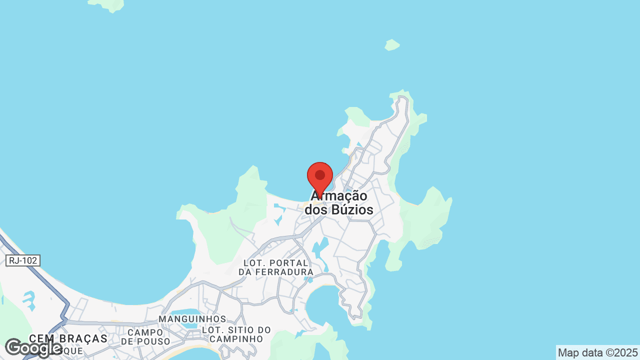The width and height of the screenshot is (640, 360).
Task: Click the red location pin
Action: [x=320, y=176]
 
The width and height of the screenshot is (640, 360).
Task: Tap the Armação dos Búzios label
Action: [x=339, y=203]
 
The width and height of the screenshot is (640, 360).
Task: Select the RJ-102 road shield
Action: [x=23, y=260]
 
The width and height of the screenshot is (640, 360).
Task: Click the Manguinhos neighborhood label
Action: [x=192, y=319]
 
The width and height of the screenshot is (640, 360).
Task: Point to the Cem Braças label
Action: [x=68, y=338]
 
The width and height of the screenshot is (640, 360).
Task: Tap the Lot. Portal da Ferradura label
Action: [x=275, y=267]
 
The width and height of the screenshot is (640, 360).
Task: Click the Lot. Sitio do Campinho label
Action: [x=236, y=334]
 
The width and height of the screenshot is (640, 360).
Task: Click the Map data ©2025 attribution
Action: [x=597, y=352]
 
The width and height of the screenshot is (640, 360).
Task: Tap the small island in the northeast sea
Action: [x=392, y=45]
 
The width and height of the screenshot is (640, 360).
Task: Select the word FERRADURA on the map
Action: [x=283, y=272]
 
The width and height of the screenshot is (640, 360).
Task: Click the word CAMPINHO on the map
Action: [x=236, y=339]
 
